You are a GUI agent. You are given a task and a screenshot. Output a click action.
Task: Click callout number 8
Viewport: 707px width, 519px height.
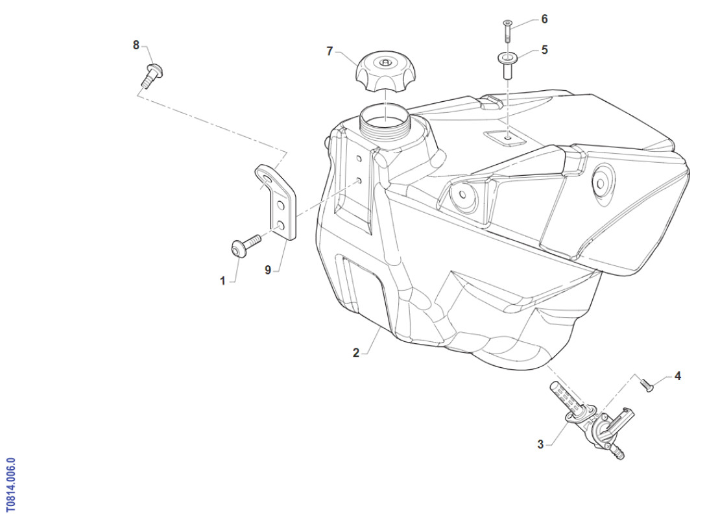pyautogui.click(x=136, y=45)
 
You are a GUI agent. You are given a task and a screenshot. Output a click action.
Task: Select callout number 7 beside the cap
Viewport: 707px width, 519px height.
pyautogui.click(x=330, y=51)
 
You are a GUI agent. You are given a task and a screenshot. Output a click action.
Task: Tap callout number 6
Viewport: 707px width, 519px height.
pyautogui.click(x=544, y=19)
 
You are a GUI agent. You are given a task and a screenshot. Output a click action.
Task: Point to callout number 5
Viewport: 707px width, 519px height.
pyautogui.click(x=544, y=49)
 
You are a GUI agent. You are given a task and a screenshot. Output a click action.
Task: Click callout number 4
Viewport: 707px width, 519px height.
pyautogui.click(x=677, y=376)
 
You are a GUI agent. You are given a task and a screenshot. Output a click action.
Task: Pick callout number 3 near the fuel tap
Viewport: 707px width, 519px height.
pyautogui.click(x=540, y=444)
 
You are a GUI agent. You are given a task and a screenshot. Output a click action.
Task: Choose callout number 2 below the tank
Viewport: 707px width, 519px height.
pyautogui.click(x=355, y=353)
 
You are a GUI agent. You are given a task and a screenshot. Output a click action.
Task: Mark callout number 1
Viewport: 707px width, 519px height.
pyautogui.click(x=222, y=281)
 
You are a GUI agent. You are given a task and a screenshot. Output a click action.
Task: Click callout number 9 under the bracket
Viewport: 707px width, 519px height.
pyautogui.click(x=268, y=270)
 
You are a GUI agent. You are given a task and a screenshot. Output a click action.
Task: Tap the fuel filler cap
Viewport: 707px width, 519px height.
pyautogui.click(x=386, y=71)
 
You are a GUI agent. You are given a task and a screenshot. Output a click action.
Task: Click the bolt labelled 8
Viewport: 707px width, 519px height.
pyautogui.click(x=152, y=76)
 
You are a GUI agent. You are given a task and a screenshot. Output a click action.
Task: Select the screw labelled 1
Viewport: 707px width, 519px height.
pyautogui.click(x=245, y=246)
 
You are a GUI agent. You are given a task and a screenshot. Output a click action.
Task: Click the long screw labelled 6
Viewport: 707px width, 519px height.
pyautogui.click(x=507, y=31)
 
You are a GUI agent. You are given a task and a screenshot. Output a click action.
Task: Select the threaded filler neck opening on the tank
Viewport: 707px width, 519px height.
pyautogui.click(x=385, y=120)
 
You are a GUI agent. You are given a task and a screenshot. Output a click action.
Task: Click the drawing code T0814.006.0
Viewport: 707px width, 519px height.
pyautogui.click(x=11, y=485)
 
